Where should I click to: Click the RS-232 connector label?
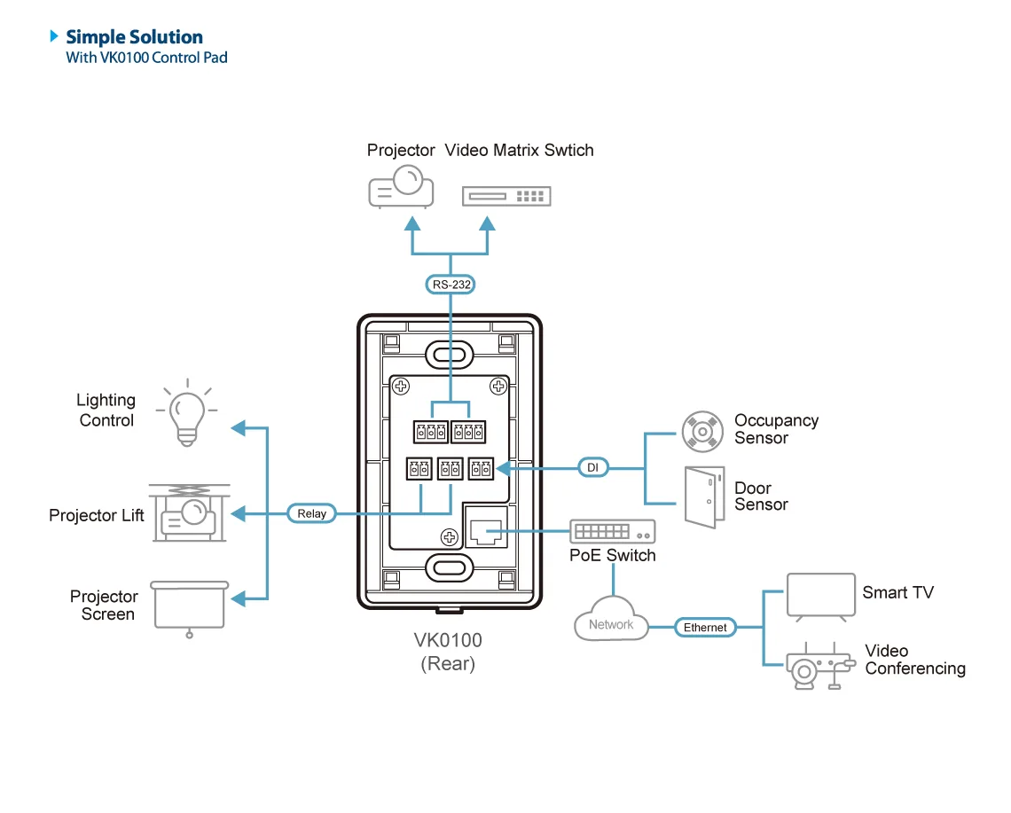click(451, 285)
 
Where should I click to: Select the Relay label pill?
click(311, 513)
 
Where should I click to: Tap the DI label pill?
click(593, 467)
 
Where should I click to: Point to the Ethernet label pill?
click(705, 628)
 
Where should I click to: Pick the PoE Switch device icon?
click(613, 531)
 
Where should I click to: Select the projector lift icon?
click(189, 513)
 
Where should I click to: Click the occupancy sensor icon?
click(702, 431)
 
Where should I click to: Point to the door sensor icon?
click(704, 497)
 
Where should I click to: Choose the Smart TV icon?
click(821, 597)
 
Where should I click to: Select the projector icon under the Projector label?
click(401, 187)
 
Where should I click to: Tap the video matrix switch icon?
click(506, 196)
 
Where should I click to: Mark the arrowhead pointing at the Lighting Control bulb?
click(239, 428)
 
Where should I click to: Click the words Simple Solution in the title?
click(134, 36)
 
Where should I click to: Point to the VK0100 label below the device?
click(448, 640)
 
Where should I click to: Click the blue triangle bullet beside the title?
click(54, 36)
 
